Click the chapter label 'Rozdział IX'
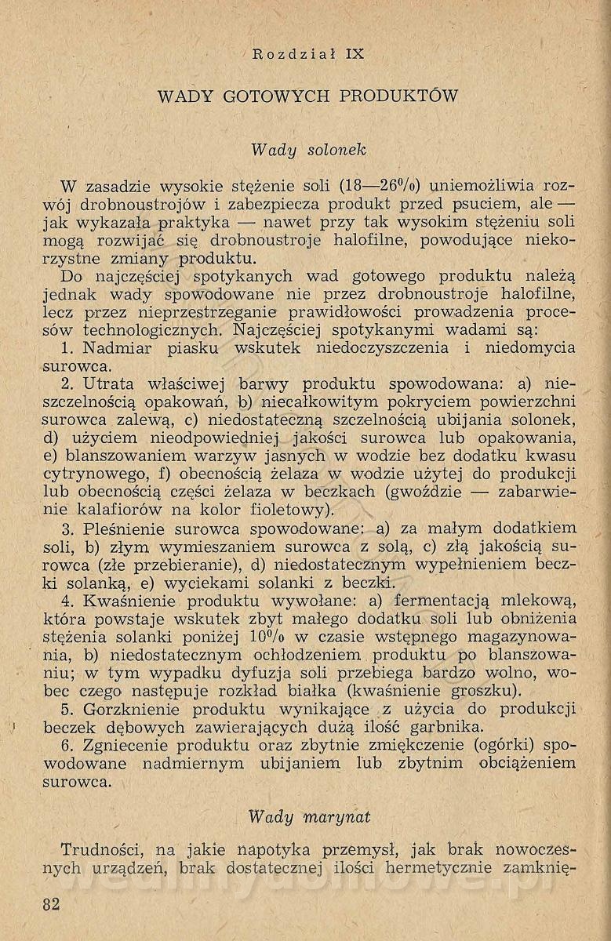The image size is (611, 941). [x=308, y=54]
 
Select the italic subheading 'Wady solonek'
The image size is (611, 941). [x=308, y=149]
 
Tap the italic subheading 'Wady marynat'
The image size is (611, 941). [x=309, y=817]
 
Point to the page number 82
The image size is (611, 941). [x=52, y=903]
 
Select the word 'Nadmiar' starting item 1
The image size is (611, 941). [x=118, y=348]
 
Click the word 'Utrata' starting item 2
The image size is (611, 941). [x=111, y=384]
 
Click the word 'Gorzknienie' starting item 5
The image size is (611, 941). [x=131, y=708]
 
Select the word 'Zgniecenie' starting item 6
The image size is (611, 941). [x=128, y=745]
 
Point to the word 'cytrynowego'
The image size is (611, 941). [x=89, y=474]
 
